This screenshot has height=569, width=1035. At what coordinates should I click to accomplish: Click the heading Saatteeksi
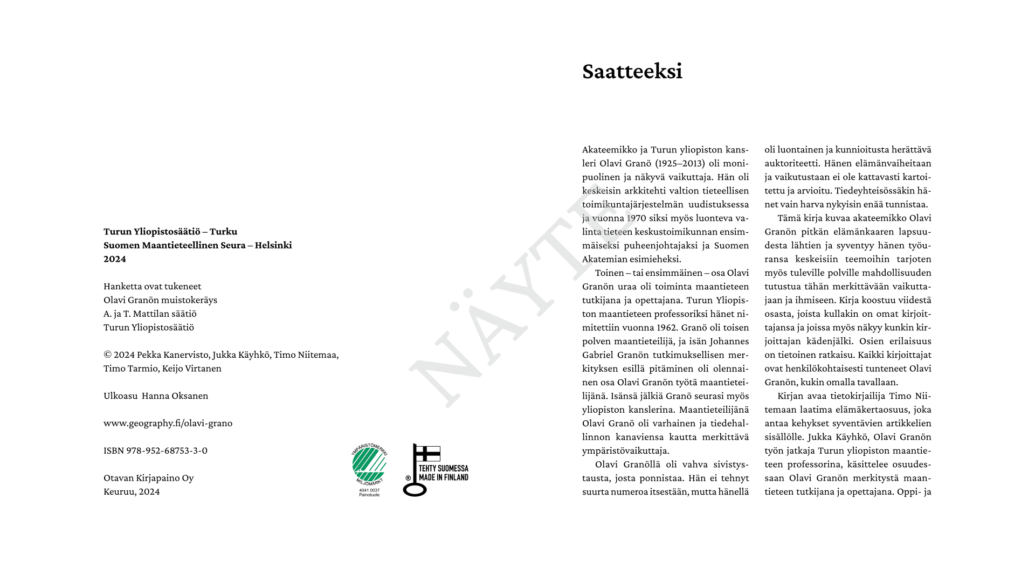tap(632, 72)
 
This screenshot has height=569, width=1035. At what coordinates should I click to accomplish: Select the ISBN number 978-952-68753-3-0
tap(167, 450)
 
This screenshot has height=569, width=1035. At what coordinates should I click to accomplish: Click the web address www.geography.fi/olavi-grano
tap(168, 423)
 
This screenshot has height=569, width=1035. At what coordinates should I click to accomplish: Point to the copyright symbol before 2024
tap(107, 355)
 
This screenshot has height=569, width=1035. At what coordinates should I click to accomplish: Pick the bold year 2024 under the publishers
tap(115, 259)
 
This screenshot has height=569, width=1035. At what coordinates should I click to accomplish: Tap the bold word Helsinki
tap(273, 245)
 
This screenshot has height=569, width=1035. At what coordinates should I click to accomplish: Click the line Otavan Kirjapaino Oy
tap(148, 478)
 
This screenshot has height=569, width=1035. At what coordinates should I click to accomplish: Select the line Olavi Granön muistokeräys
tap(160, 300)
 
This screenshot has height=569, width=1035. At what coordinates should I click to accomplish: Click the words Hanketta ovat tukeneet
tap(152, 286)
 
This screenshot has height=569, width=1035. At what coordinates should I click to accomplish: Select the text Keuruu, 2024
tap(132, 491)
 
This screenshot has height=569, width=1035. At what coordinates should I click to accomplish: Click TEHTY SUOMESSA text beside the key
tap(443, 469)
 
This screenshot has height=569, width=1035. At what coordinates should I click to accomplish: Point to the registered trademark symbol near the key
tap(408, 478)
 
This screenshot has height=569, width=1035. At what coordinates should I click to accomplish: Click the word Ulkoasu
tap(120, 395)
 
